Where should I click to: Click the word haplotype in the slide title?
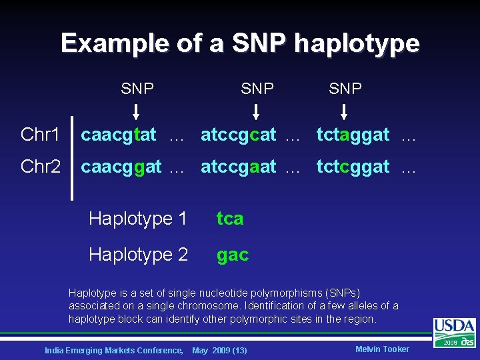pos(357,44)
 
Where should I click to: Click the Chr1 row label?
pos(40,135)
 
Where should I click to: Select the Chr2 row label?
pos(40,167)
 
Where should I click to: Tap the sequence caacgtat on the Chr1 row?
pos(119,135)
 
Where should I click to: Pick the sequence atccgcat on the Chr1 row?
pos(238,135)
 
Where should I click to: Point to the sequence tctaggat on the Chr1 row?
pos(353,135)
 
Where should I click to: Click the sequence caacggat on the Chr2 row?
pos(121,167)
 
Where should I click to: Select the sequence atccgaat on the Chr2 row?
pos(238,167)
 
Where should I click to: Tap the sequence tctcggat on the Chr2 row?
pos(353,167)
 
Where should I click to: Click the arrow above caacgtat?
pos(137,109)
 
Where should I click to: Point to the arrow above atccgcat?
pos(257,109)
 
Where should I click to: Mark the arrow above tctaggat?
pos(345,109)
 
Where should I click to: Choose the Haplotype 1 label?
pos(138,218)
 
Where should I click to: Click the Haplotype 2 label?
pos(138,254)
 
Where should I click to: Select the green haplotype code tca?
pos(230,218)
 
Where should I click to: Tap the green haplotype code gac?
pos(233,255)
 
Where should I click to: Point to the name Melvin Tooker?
pos(382,349)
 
